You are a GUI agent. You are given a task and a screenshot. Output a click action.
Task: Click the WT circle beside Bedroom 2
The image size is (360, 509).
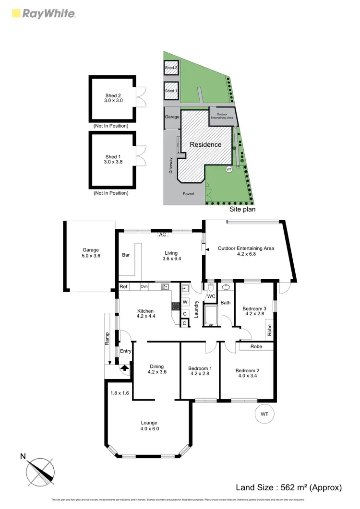[264, 413]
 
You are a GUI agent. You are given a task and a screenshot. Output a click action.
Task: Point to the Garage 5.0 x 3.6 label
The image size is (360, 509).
[90, 253]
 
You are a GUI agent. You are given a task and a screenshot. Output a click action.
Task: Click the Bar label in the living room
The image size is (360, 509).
[127, 255]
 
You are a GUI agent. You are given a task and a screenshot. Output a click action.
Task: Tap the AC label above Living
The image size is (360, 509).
[163, 235]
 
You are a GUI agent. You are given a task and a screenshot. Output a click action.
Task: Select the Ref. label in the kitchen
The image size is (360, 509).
[124, 287]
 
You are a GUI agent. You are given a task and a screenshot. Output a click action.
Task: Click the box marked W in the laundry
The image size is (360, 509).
[185, 303]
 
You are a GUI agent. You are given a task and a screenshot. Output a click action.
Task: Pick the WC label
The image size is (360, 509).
[211, 296]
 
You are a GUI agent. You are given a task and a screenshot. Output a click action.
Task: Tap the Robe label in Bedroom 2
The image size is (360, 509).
[256, 346]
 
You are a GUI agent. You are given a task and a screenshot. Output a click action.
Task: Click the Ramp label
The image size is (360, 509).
[108, 339]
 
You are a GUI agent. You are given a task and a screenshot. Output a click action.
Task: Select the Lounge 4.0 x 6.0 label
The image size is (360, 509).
[149, 426]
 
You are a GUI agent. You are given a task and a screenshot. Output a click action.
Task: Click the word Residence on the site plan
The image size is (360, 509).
[205, 144]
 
